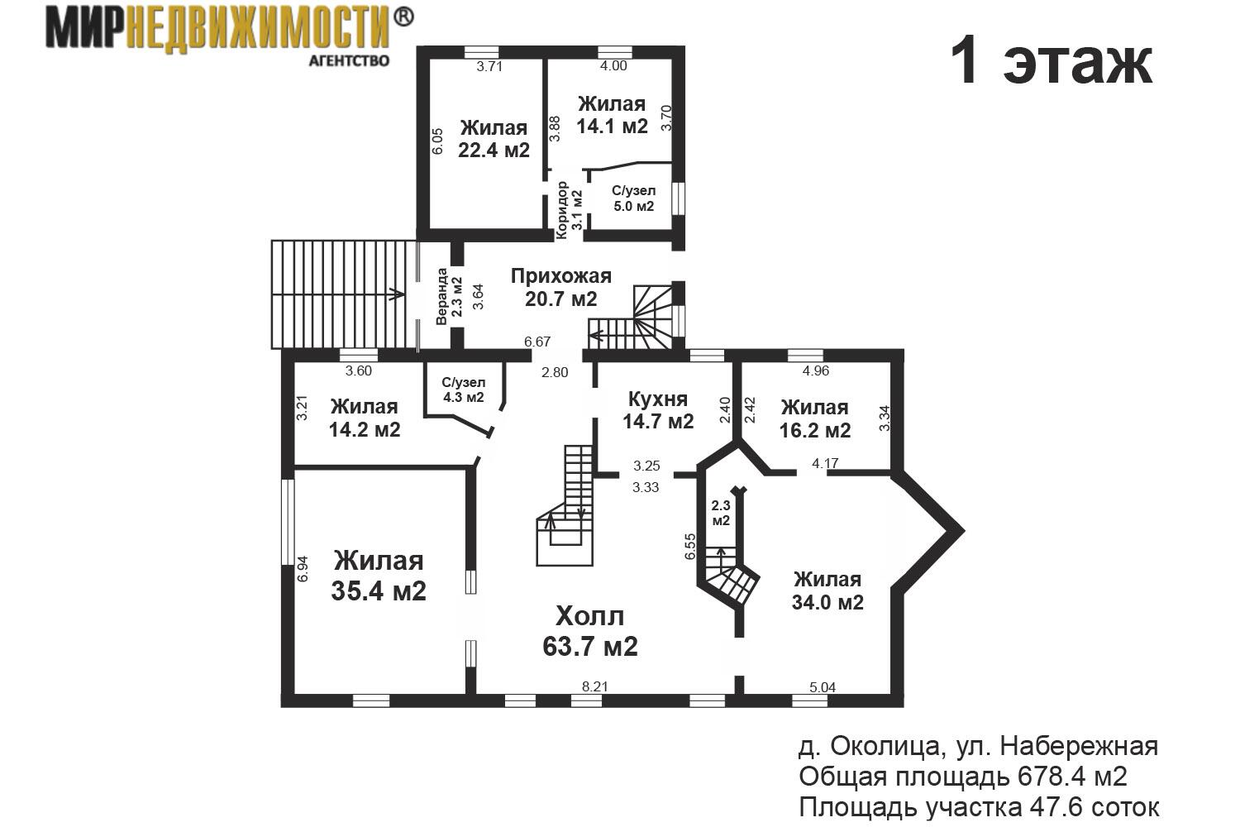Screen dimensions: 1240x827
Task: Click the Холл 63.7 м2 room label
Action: pyautogui.click(x=590, y=632)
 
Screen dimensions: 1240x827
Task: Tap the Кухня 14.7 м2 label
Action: pyautogui.click(x=658, y=410)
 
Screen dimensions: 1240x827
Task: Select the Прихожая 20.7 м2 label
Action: pyautogui.click(x=560, y=288)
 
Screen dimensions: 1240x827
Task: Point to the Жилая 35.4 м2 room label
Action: pyautogui.click(x=379, y=576)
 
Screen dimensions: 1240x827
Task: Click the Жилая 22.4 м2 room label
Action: pyautogui.click(x=494, y=139)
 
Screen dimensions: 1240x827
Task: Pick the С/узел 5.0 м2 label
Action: pyautogui.click(x=634, y=198)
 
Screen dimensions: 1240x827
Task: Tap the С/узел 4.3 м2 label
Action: pyautogui.click(x=464, y=390)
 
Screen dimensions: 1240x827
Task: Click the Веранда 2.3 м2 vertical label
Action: pyautogui.click(x=449, y=296)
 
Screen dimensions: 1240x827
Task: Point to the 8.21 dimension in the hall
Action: pyautogui.click(x=595, y=687)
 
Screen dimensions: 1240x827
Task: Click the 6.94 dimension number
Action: pyautogui.click(x=303, y=569)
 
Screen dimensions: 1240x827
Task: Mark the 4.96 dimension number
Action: pyautogui.click(x=816, y=371)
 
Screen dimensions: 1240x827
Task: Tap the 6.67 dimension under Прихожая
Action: pyautogui.click(x=537, y=342)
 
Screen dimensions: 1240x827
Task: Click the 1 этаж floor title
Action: pyautogui.click(x=1052, y=62)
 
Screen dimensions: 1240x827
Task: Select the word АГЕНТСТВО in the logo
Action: pyautogui.click(x=349, y=61)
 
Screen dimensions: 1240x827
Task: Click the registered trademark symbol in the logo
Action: pyautogui.click(x=403, y=17)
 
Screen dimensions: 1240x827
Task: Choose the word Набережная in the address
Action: pyautogui.click(x=1080, y=748)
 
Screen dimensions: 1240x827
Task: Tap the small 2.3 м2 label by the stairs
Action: pyautogui.click(x=721, y=513)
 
